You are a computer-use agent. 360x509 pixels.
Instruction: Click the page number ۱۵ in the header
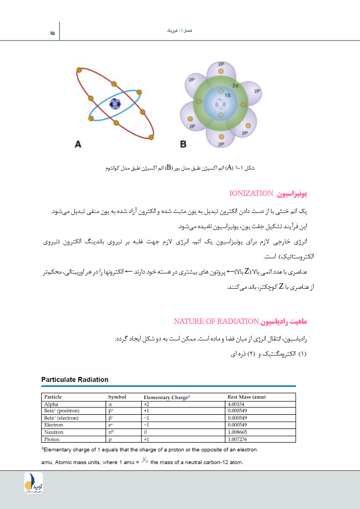52,33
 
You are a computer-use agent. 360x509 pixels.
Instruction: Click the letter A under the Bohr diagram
78,144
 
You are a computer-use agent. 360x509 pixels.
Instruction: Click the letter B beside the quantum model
183,144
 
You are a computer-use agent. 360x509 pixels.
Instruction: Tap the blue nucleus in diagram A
115,104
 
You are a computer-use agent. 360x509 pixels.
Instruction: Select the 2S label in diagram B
235,85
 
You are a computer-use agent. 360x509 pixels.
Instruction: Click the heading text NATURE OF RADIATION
216,321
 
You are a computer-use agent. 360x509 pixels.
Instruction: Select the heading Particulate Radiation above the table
75,380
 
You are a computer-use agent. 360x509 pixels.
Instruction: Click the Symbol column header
117,397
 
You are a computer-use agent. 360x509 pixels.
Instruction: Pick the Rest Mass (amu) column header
247,397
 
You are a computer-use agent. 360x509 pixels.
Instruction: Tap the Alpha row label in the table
51,404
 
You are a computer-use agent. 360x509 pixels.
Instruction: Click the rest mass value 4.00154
237,404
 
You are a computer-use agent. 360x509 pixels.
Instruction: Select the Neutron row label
54,432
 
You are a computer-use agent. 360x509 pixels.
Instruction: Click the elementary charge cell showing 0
145,432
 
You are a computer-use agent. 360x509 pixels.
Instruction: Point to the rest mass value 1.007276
237,439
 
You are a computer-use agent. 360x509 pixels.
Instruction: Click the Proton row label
52,439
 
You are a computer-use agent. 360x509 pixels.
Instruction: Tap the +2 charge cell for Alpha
146,404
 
